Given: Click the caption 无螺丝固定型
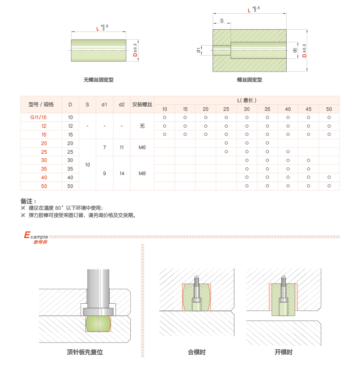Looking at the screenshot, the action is (x=98, y=80).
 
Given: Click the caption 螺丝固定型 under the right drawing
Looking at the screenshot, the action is (x=249, y=80).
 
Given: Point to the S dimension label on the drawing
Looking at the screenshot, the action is (x=222, y=21).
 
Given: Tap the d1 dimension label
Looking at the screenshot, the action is (x=199, y=50).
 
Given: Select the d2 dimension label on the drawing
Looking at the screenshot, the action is (x=295, y=50).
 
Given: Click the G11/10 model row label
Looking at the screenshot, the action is (x=39, y=117).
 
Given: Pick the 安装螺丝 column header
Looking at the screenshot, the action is (x=142, y=104).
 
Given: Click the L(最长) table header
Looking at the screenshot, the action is (x=247, y=100).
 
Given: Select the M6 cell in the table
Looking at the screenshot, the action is (x=142, y=147).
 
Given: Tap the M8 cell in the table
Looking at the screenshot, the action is (x=142, y=173).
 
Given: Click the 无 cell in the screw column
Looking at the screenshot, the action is (x=142, y=126).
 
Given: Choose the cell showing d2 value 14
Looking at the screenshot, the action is (x=122, y=173).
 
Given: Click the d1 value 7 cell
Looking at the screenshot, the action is (x=105, y=147).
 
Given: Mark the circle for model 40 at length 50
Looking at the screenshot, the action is (x=329, y=177).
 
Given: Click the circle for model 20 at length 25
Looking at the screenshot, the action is (x=226, y=143).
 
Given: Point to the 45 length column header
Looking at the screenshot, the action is (x=309, y=109).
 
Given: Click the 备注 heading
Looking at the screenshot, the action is (x=28, y=201).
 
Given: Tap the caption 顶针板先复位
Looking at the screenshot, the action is (x=85, y=352).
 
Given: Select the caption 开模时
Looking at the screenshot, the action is (x=283, y=352).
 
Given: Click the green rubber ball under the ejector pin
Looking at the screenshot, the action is (x=98, y=323).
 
